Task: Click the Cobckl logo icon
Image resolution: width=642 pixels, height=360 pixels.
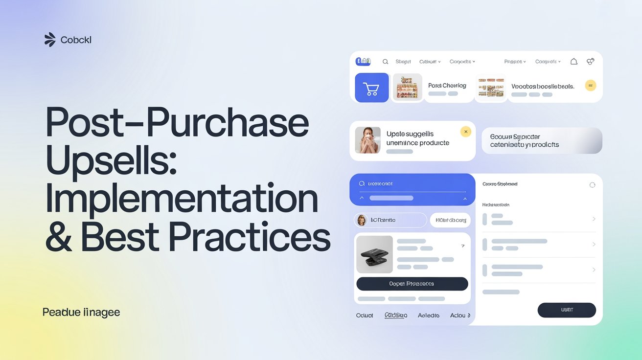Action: pyautogui.click(x=50, y=40)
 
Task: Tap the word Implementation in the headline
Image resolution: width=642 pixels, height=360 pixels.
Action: pyautogui.click(x=181, y=200)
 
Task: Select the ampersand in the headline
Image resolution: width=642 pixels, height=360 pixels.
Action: pyautogui.click(x=58, y=238)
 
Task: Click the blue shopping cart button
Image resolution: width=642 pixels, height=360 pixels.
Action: pyautogui.click(x=371, y=88)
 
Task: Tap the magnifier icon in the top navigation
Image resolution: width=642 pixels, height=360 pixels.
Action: pyautogui.click(x=385, y=62)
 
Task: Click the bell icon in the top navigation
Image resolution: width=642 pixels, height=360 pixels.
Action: pyautogui.click(x=574, y=62)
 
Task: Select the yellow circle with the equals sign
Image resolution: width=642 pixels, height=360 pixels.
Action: pyautogui.click(x=591, y=85)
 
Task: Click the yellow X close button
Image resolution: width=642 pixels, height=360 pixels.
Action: pyautogui.click(x=466, y=131)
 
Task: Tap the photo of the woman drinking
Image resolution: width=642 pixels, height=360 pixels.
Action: pyautogui.click(x=367, y=140)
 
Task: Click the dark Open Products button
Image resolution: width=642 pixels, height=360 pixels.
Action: pyautogui.click(x=412, y=284)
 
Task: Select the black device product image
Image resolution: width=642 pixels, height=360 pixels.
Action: pyautogui.click(x=374, y=254)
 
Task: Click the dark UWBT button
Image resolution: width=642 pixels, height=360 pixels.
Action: pyautogui.click(x=567, y=310)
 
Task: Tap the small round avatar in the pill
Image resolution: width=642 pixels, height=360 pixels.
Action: pyautogui.click(x=362, y=220)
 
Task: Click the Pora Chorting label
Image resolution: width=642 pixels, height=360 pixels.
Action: pyautogui.click(x=447, y=86)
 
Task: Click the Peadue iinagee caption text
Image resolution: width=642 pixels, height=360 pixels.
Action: pyautogui.click(x=81, y=312)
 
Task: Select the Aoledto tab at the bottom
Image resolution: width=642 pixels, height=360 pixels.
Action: pyautogui.click(x=429, y=315)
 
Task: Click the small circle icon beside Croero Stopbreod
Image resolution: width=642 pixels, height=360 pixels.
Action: pyautogui.click(x=592, y=185)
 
